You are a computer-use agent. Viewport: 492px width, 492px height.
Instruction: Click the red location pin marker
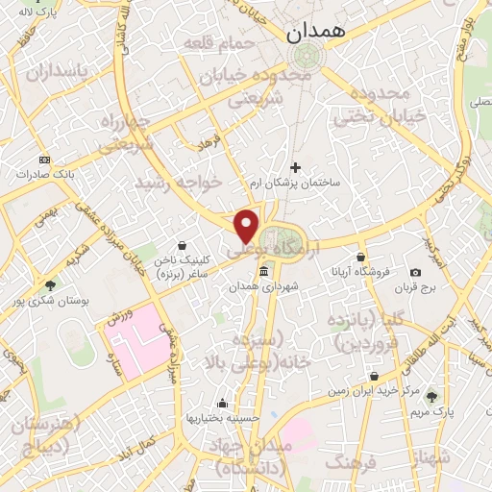pyautogui.click(x=247, y=225)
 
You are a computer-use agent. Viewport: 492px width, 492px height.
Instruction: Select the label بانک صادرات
pyautogui.click(x=44, y=175)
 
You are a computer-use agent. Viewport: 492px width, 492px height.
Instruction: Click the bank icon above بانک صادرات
pyautogui.click(x=44, y=160)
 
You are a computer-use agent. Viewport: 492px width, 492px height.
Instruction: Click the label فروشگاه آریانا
pyautogui.click(x=359, y=272)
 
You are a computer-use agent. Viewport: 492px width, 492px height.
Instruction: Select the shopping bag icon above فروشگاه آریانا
pyautogui.click(x=360, y=258)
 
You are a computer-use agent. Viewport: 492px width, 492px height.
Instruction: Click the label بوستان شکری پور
pyautogui.click(x=50, y=301)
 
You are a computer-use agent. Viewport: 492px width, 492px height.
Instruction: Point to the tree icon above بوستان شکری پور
pyautogui.click(x=50, y=285)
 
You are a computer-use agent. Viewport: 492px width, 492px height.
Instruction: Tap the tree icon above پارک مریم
pyautogui.click(x=430, y=397)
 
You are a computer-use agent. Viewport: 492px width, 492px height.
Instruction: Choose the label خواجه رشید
pyautogui.click(x=179, y=182)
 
